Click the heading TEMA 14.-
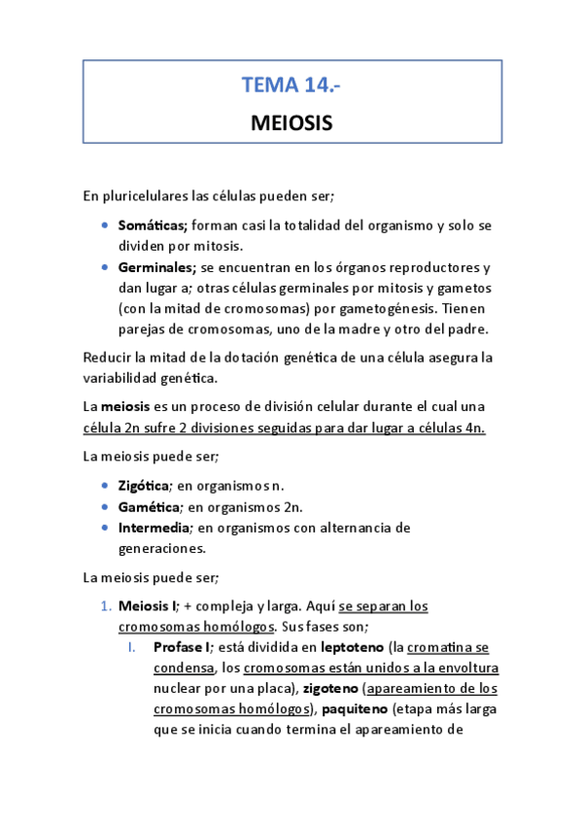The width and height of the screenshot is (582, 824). coord(291,86)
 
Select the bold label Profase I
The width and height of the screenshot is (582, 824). coord(182,647)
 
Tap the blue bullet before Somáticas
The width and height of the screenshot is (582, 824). coord(105,225)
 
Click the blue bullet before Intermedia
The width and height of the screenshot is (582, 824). coord(105,528)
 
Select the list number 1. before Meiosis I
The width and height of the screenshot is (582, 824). coord(107,606)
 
